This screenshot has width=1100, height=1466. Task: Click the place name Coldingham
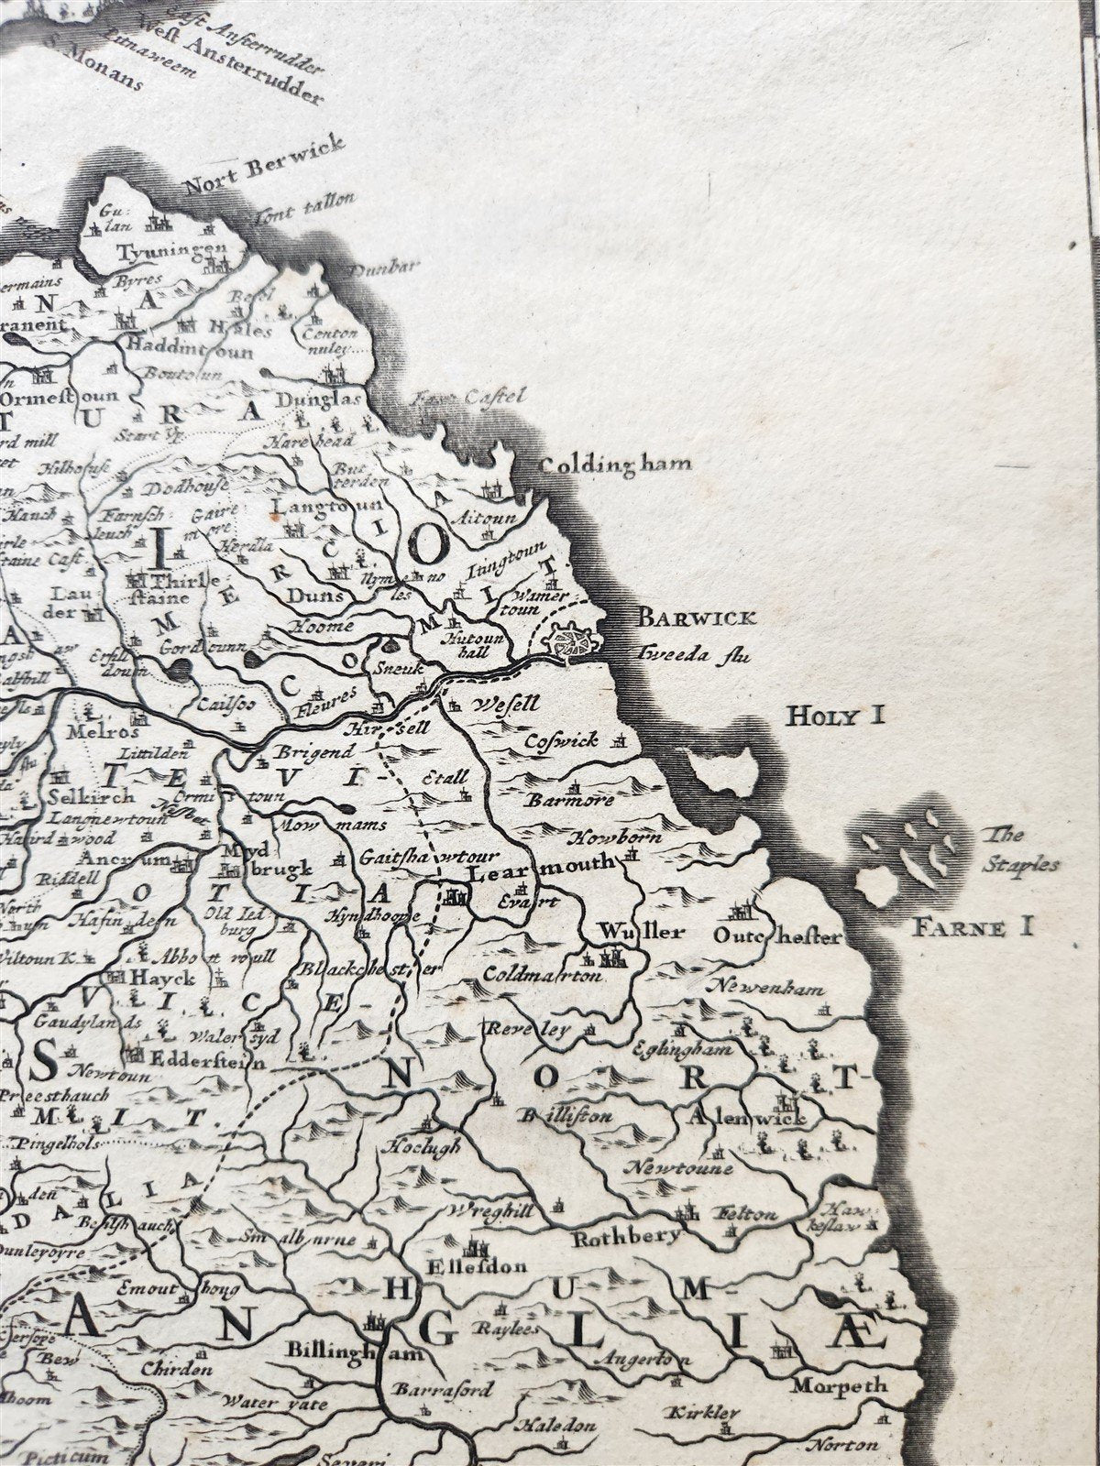pos(613,464)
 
